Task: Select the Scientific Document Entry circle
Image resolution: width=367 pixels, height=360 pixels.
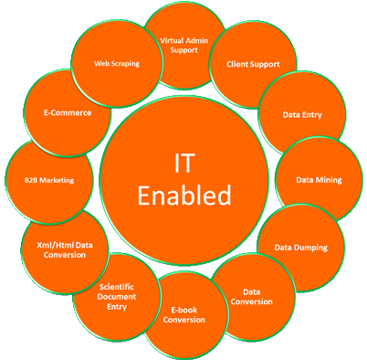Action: (x=118, y=297)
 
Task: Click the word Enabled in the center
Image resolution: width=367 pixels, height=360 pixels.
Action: (x=184, y=194)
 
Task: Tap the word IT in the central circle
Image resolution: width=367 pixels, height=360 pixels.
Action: (x=184, y=162)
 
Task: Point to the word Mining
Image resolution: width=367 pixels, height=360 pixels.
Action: (x=329, y=180)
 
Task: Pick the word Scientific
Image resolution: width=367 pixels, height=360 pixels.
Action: (x=118, y=286)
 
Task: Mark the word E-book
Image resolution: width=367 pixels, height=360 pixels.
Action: (x=186, y=311)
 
